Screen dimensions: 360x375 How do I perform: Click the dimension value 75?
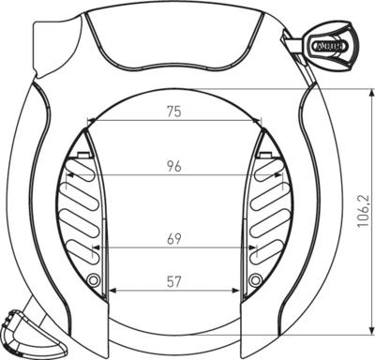pos(172,112)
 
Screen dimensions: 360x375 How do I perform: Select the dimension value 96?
pos(172,167)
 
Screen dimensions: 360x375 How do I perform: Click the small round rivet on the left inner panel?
pos(93,280)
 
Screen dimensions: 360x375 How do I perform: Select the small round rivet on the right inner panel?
pos(254,280)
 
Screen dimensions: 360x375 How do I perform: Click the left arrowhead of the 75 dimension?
pos(88,121)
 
